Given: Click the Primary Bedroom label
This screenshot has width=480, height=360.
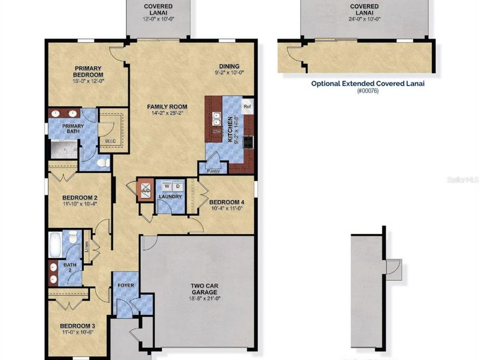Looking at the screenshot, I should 89,71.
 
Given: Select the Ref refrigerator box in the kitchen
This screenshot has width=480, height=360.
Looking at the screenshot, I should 247,106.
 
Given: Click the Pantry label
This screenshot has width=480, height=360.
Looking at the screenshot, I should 213,171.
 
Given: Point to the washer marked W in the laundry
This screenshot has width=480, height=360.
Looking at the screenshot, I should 166,186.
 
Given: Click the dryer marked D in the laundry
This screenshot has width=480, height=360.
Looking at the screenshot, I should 177,186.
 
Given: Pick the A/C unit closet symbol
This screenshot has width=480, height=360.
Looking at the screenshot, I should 146,189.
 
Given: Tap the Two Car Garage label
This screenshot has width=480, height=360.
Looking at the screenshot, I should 204,289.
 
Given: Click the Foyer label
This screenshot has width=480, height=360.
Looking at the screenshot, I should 126,285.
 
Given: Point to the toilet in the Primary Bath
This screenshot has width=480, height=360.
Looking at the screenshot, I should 105,162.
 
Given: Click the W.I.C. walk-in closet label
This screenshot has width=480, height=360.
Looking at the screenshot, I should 111,141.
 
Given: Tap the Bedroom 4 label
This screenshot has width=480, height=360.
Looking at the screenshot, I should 227,202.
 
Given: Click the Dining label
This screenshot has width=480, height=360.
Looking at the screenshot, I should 228,66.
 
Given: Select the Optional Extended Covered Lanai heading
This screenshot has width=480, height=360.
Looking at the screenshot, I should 368,83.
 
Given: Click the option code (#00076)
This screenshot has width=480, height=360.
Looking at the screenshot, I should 368,91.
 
